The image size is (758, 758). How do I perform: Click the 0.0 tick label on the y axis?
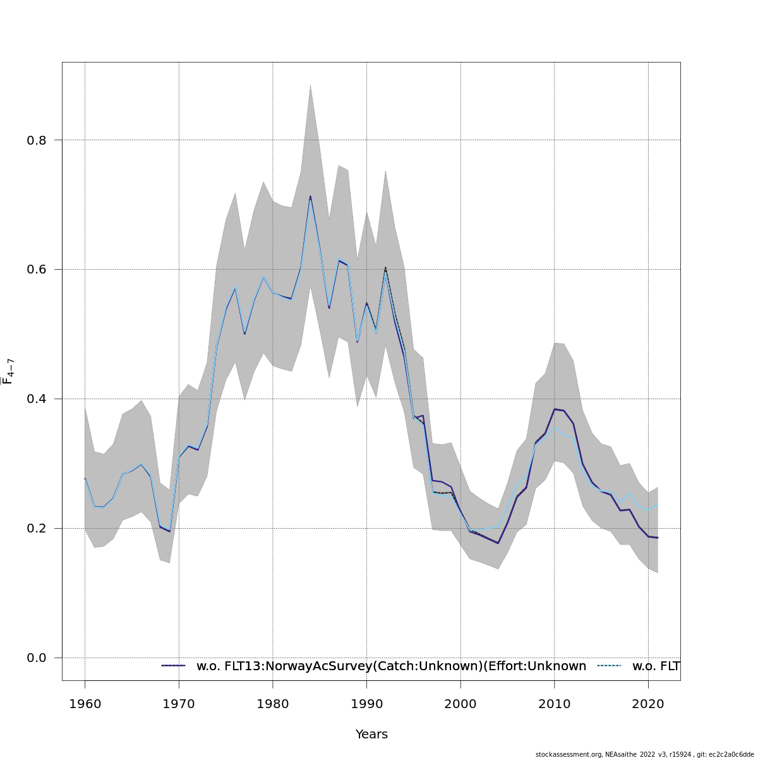coord(37,658)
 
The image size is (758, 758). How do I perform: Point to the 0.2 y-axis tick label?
coord(37,529)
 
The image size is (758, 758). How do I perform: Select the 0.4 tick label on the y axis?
coord(37,399)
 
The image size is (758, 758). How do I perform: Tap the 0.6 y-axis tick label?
coord(37,270)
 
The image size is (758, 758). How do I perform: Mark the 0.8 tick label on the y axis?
coord(37,140)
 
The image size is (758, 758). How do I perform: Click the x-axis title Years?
coord(371,735)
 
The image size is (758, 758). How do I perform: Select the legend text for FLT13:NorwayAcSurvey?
coord(391,666)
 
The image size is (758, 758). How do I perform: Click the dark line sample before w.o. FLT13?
coord(174,666)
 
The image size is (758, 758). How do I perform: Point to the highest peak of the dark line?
coord(310,196)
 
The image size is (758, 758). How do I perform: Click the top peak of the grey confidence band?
coord(310,85)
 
